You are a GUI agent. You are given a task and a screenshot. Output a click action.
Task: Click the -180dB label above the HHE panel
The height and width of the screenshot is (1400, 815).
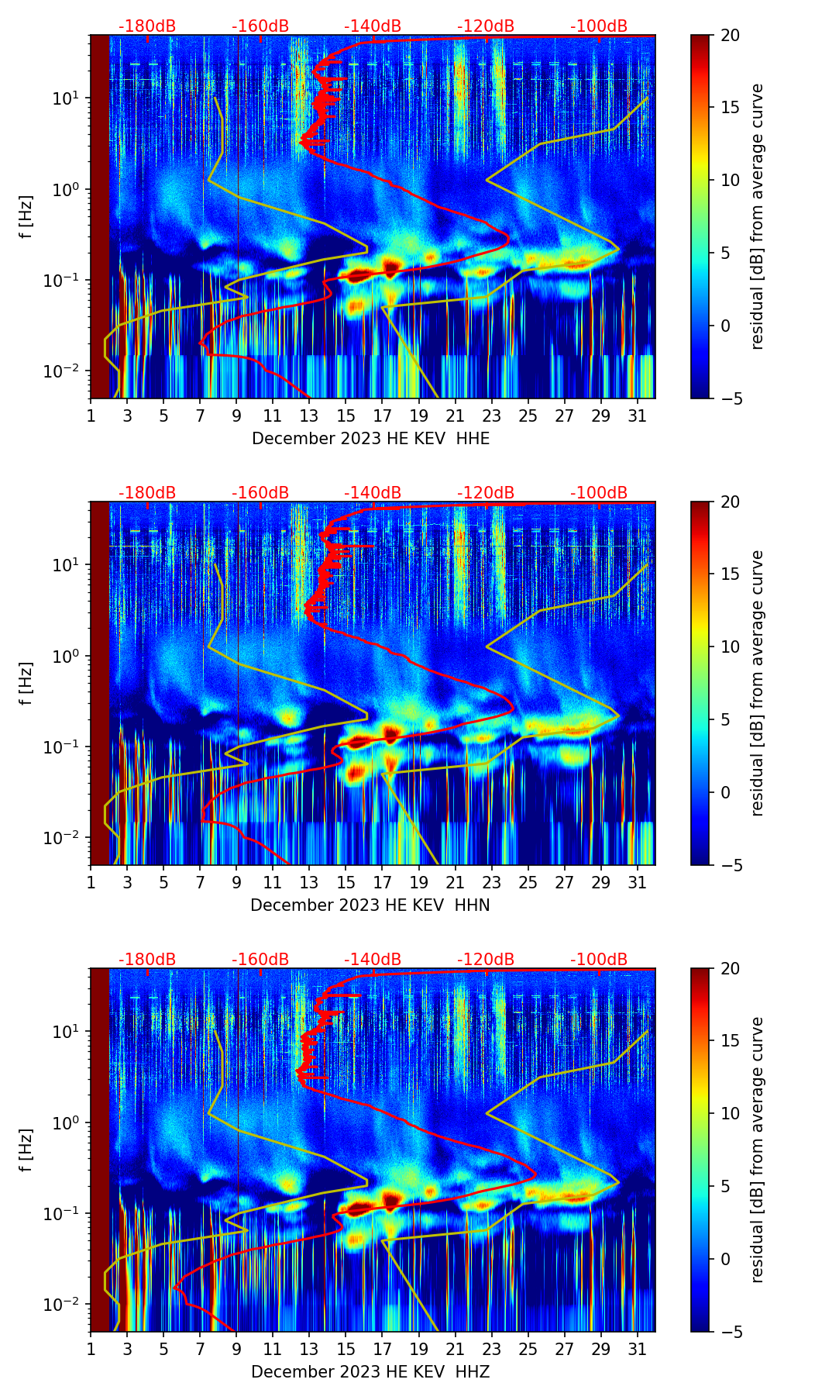(147, 26)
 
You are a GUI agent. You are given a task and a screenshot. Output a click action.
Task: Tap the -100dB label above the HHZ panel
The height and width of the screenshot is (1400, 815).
(599, 960)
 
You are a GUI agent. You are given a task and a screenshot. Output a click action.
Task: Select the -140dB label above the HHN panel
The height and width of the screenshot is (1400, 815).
(373, 493)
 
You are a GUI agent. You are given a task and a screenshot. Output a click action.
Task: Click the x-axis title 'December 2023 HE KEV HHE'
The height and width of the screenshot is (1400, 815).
(370, 439)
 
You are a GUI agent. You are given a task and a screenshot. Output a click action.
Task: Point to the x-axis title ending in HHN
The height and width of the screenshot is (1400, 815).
(370, 905)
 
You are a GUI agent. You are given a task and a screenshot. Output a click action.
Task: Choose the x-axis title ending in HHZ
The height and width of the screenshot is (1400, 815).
(370, 1372)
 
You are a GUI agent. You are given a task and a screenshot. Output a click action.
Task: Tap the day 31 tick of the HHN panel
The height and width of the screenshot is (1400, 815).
(637, 882)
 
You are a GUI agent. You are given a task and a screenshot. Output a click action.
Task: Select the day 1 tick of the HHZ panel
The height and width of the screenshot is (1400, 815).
(91, 1349)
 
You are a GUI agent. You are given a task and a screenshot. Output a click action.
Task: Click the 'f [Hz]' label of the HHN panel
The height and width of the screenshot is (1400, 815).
(27, 683)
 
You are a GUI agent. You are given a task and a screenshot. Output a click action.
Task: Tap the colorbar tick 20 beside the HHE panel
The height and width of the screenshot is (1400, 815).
(730, 35)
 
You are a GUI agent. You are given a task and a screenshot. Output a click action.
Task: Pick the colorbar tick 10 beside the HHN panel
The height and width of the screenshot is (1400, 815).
(730, 647)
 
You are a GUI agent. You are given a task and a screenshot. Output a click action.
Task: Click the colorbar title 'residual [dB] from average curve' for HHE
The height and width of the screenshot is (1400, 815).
(758, 216)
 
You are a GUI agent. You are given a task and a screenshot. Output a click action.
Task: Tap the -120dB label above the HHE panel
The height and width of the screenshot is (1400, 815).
(486, 26)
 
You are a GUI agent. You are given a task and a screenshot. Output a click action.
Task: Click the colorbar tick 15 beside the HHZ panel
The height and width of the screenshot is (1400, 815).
(730, 1041)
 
